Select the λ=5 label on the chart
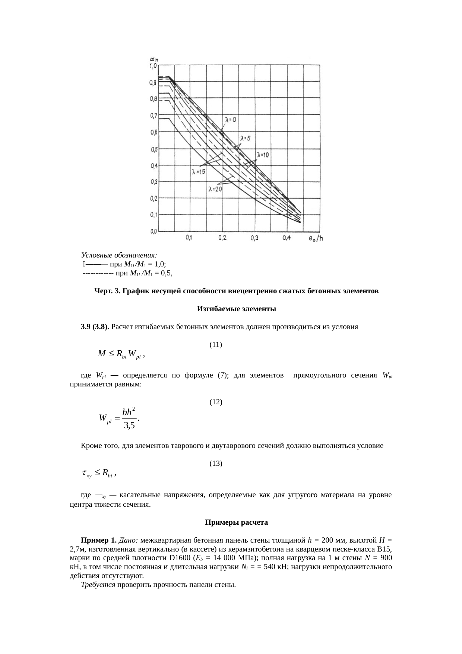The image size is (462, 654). coord(245,138)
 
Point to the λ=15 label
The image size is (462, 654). coord(199,172)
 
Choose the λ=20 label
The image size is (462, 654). coord(215,189)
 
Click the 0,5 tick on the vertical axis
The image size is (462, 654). coord(153,149)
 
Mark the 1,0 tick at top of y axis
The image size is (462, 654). coord(153,66)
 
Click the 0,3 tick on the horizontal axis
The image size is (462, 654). coord(254,238)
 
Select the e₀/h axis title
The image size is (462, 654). coord(316,238)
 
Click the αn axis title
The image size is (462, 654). coord(154,59)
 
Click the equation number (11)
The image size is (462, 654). coord(216,345)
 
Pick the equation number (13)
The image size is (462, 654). coord(216,464)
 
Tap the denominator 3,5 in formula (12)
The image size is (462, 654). coord(129,425)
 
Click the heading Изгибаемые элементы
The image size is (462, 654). coord(236,309)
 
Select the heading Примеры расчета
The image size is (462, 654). coord(236,522)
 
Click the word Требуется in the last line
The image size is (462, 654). coord(98,584)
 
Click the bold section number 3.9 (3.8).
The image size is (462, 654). coord(95,327)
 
